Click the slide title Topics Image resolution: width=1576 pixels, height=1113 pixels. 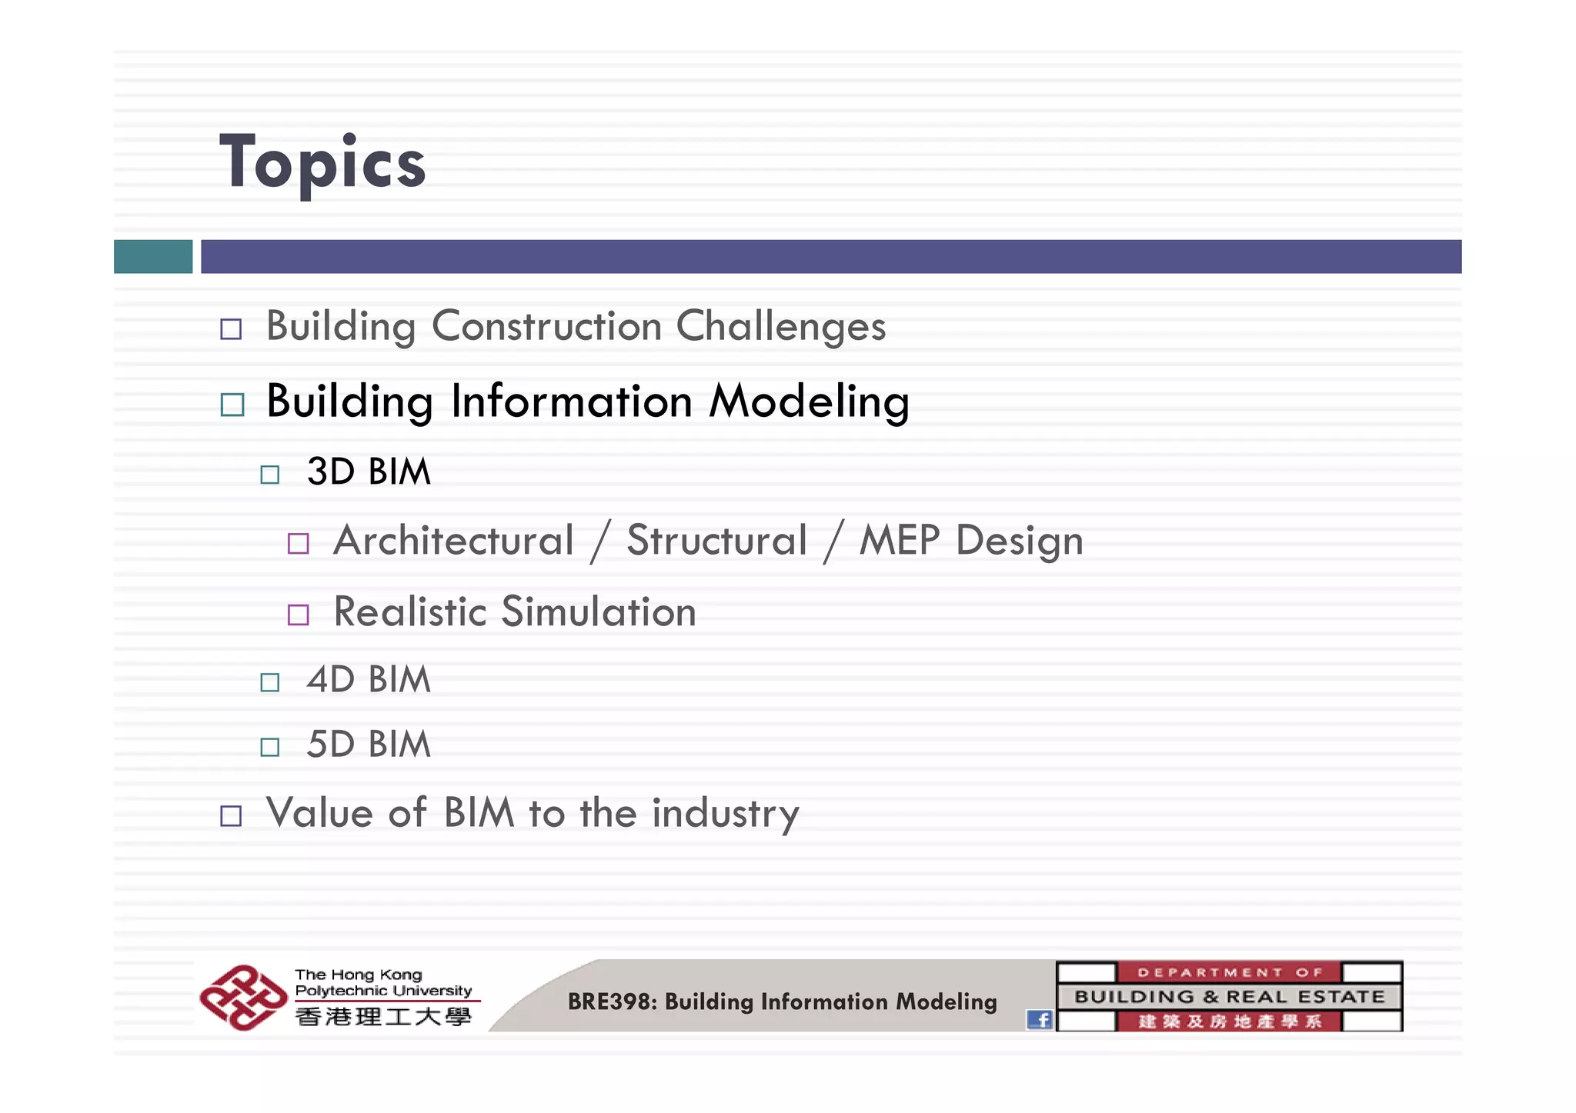coord(322,163)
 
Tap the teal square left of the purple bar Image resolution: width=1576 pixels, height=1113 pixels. coord(153,256)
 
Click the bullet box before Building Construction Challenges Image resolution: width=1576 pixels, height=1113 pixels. coord(231,329)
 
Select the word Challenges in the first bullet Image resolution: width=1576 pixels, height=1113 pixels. coord(780,326)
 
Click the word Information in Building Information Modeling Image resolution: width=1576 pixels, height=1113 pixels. coord(571,402)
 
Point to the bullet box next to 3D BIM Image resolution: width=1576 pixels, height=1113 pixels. coord(269,474)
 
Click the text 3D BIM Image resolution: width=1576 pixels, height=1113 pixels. coord(369,472)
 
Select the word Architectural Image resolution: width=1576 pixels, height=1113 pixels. coord(454,540)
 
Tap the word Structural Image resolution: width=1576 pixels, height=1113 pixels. coord(716,540)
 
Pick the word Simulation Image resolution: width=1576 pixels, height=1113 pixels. coord(599,612)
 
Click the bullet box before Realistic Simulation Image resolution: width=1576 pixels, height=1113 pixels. coord(298,615)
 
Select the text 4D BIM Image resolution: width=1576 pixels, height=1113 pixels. coord(369,679)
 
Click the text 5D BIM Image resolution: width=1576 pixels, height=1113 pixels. coord(369,745)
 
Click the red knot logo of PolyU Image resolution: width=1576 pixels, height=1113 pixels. coord(243,998)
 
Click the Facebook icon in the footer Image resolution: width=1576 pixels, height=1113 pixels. coord(1040,1019)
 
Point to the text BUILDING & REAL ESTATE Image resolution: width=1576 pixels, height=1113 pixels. coord(1229,997)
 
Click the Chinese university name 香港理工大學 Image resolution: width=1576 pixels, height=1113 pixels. coord(383,1017)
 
